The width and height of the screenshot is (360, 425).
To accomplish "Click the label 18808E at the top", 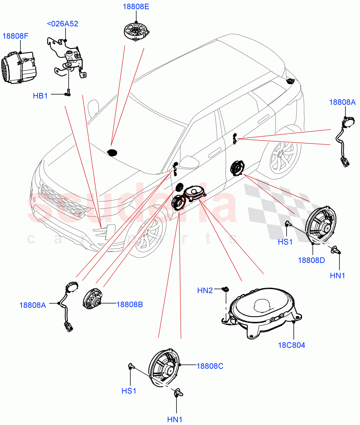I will click(x=136, y=6).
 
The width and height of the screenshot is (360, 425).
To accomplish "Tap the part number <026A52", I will click(x=62, y=24).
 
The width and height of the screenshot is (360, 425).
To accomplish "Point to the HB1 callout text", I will click(x=40, y=96).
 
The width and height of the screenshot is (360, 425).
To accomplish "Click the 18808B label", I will click(x=130, y=304).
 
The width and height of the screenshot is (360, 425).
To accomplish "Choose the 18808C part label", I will click(x=210, y=366).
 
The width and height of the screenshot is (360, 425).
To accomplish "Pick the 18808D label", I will click(x=311, y=260).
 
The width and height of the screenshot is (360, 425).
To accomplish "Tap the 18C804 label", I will click(x=292, y=345).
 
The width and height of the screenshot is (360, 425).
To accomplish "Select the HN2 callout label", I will click(x=205, y=291).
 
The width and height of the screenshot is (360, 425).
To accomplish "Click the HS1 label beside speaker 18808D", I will click(x=285, y=242).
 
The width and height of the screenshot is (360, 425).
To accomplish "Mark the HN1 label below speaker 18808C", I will click(x=175, y=419).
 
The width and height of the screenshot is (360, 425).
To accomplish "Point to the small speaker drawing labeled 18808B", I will click(x=92, y=299).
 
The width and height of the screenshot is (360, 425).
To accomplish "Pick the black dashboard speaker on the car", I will click(x=113, y=152).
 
